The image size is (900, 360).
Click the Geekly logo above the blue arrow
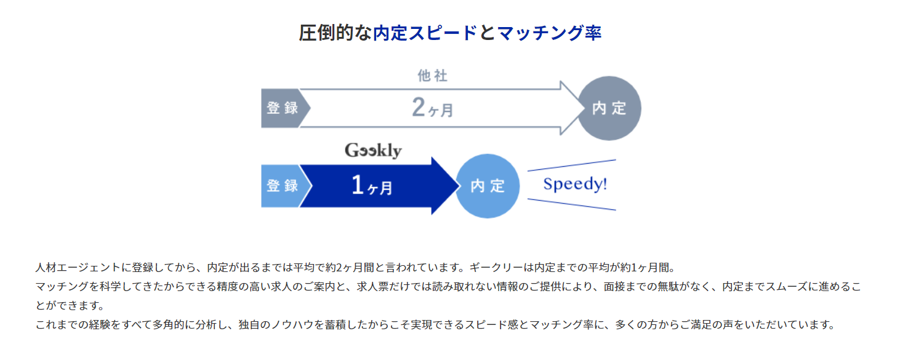(373, 151)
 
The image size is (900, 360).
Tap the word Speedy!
(575, 185)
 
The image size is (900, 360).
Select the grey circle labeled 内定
(609, 108)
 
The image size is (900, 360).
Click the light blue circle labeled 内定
(488, 186)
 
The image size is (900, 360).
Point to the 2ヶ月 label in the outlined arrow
(433, 108)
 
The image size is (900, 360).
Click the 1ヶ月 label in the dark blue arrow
(372, 186)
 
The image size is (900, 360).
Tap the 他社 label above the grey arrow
(432, 76)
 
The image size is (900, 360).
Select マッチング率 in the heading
(549, 33)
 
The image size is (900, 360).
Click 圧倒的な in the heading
(335, 33)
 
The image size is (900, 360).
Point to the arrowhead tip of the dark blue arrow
(459, 186)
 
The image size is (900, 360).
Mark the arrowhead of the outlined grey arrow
(573, 108)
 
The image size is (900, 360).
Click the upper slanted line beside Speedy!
(572, 165)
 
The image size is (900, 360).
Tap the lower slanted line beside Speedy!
(572, 204)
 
